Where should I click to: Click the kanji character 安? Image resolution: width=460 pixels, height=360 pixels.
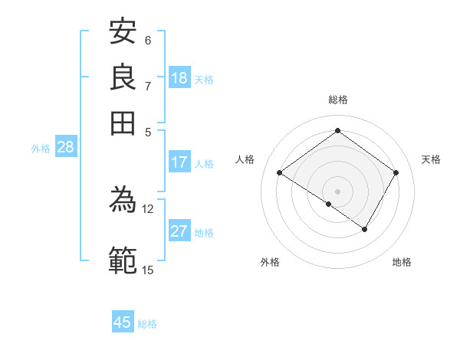tap(123, 32)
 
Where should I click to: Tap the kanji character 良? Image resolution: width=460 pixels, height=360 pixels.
tap(123, 77)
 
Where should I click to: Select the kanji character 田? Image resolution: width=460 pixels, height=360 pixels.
tap(123, 121)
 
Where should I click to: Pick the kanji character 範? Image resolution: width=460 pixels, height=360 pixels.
tap(123, 260)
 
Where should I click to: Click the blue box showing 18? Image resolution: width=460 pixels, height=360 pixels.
tap(179, 78)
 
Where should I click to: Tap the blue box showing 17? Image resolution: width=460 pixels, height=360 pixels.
tap(179, 162)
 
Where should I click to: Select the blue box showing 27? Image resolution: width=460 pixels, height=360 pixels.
tap(179, 232)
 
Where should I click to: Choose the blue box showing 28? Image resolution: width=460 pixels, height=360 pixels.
tap(65, 148)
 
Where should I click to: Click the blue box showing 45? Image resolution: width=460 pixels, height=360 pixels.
tap(123, 322)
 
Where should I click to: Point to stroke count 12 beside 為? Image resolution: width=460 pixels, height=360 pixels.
tap(148, 208)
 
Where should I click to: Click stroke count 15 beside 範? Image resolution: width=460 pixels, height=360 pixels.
tap(148, 269)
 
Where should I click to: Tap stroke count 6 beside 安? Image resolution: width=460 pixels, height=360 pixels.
tap(148, 40)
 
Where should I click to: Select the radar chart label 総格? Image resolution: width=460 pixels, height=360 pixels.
tap(337, 100)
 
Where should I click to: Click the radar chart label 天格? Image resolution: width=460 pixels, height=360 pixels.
tap(431, 159)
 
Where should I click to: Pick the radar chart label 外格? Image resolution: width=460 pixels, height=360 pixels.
tap(270, 262)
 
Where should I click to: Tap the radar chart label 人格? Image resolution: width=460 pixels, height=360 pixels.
tap(245, 159)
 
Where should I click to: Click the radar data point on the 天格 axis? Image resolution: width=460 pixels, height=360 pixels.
tap(396, 173)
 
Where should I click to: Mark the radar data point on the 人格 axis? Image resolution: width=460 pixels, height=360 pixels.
tap(280, 173)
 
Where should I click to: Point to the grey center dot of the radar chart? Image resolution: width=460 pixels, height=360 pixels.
tap(337, 191)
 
